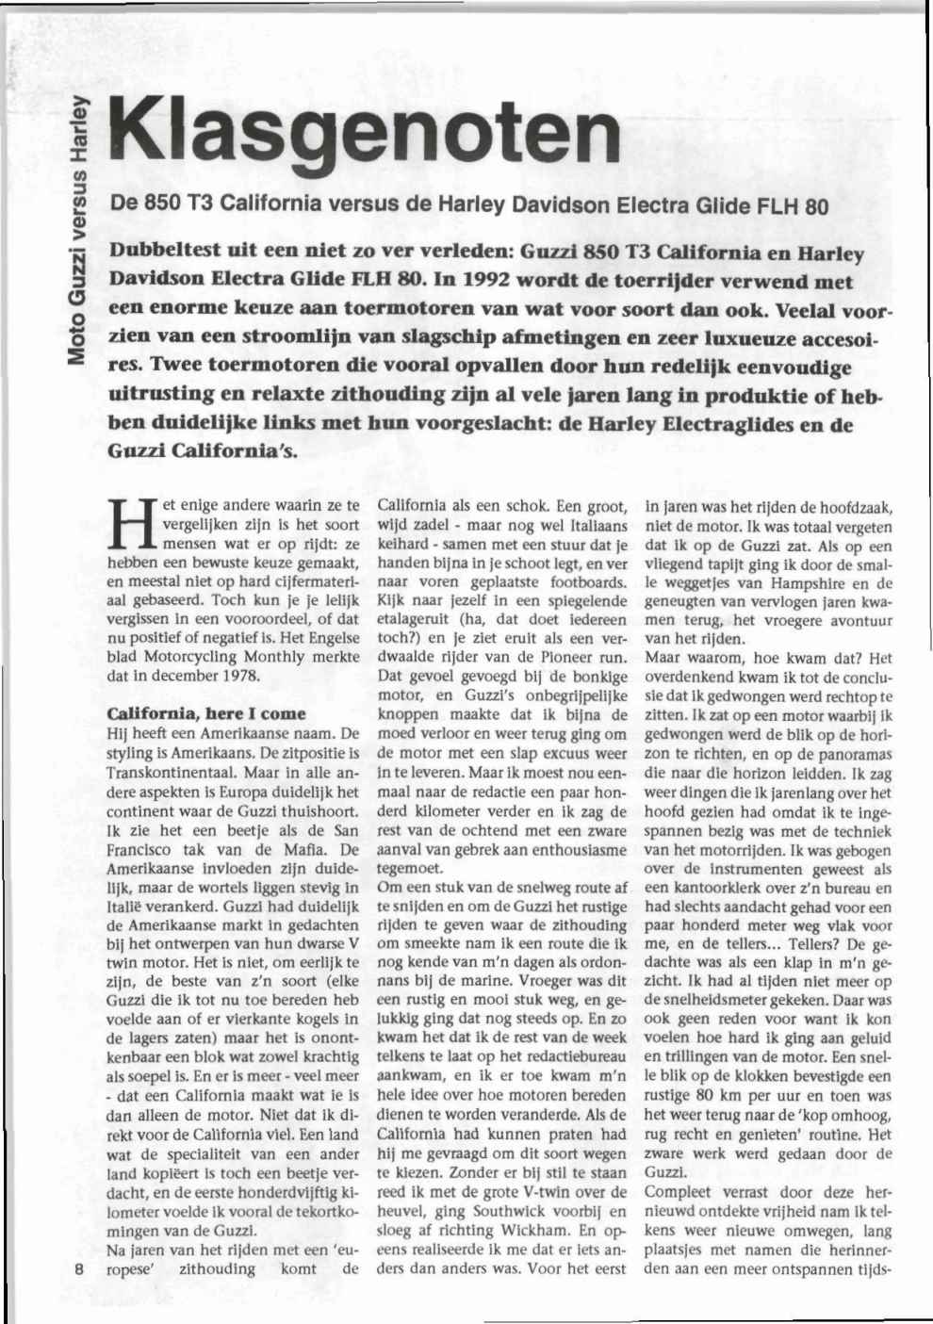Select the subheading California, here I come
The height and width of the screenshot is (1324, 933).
(206, 713)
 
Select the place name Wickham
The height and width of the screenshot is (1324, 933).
(530, 1230)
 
